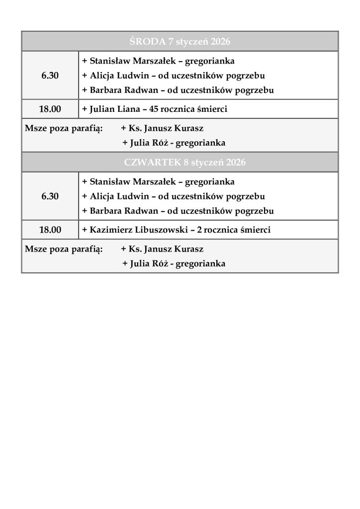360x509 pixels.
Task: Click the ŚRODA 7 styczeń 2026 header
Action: [180, 41]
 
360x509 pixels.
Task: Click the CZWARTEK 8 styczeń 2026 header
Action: [180, 163]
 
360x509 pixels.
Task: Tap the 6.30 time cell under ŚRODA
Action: [50, 76]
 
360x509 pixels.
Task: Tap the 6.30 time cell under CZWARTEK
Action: [50, 196]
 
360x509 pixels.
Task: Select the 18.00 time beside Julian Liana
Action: [50, 109]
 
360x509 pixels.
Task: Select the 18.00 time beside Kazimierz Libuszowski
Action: [50, 230]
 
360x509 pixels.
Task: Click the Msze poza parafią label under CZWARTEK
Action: [64, 249]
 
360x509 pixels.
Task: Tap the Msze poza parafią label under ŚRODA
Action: [64, 128]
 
